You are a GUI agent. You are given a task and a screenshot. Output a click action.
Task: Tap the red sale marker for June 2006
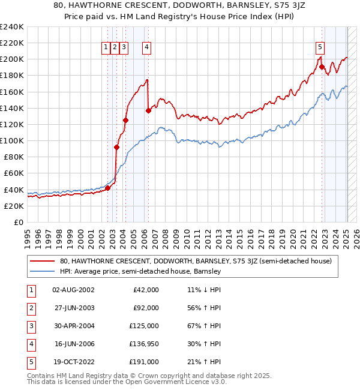148,110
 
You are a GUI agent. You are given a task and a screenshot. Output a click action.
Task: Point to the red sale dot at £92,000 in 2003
116,147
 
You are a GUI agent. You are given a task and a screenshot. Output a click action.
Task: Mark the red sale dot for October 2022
322,67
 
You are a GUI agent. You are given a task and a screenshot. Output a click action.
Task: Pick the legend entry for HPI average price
140,272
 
